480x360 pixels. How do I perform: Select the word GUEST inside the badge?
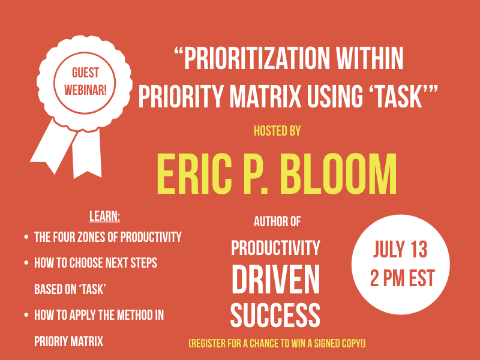click(85, 73)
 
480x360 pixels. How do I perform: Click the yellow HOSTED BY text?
click(277, 130)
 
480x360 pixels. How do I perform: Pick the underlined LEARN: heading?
click(104, 216)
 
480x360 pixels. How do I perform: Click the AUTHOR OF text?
click(277, 222)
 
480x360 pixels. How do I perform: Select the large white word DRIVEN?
click(276, 280)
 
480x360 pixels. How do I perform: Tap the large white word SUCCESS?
click(275, 314)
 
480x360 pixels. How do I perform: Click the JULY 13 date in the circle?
click(400, 250)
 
